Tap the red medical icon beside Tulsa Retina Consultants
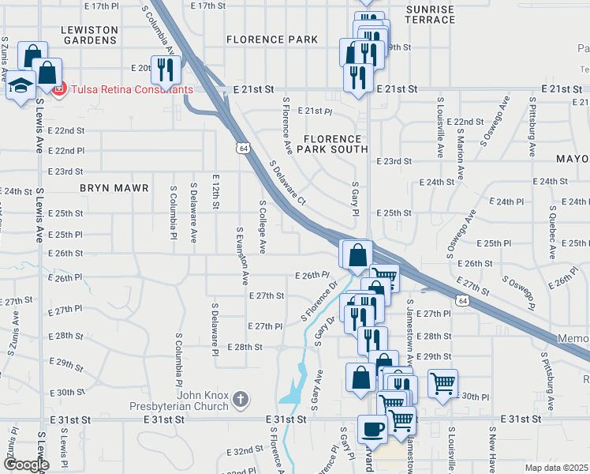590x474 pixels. click(x=59, y=89)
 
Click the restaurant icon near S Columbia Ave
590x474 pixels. click(x=166, y=70)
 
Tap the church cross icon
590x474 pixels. click(x=242, y=401)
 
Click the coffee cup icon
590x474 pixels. click(x=372, y=429)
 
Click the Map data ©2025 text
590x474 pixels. click(x=557, y=468)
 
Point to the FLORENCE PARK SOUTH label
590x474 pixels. click(x=336, y=143)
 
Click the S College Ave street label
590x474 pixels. click(x=263, y=227)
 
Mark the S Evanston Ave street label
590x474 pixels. click(x=241, y=256)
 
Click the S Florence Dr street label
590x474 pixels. click(x=319, y=301)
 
